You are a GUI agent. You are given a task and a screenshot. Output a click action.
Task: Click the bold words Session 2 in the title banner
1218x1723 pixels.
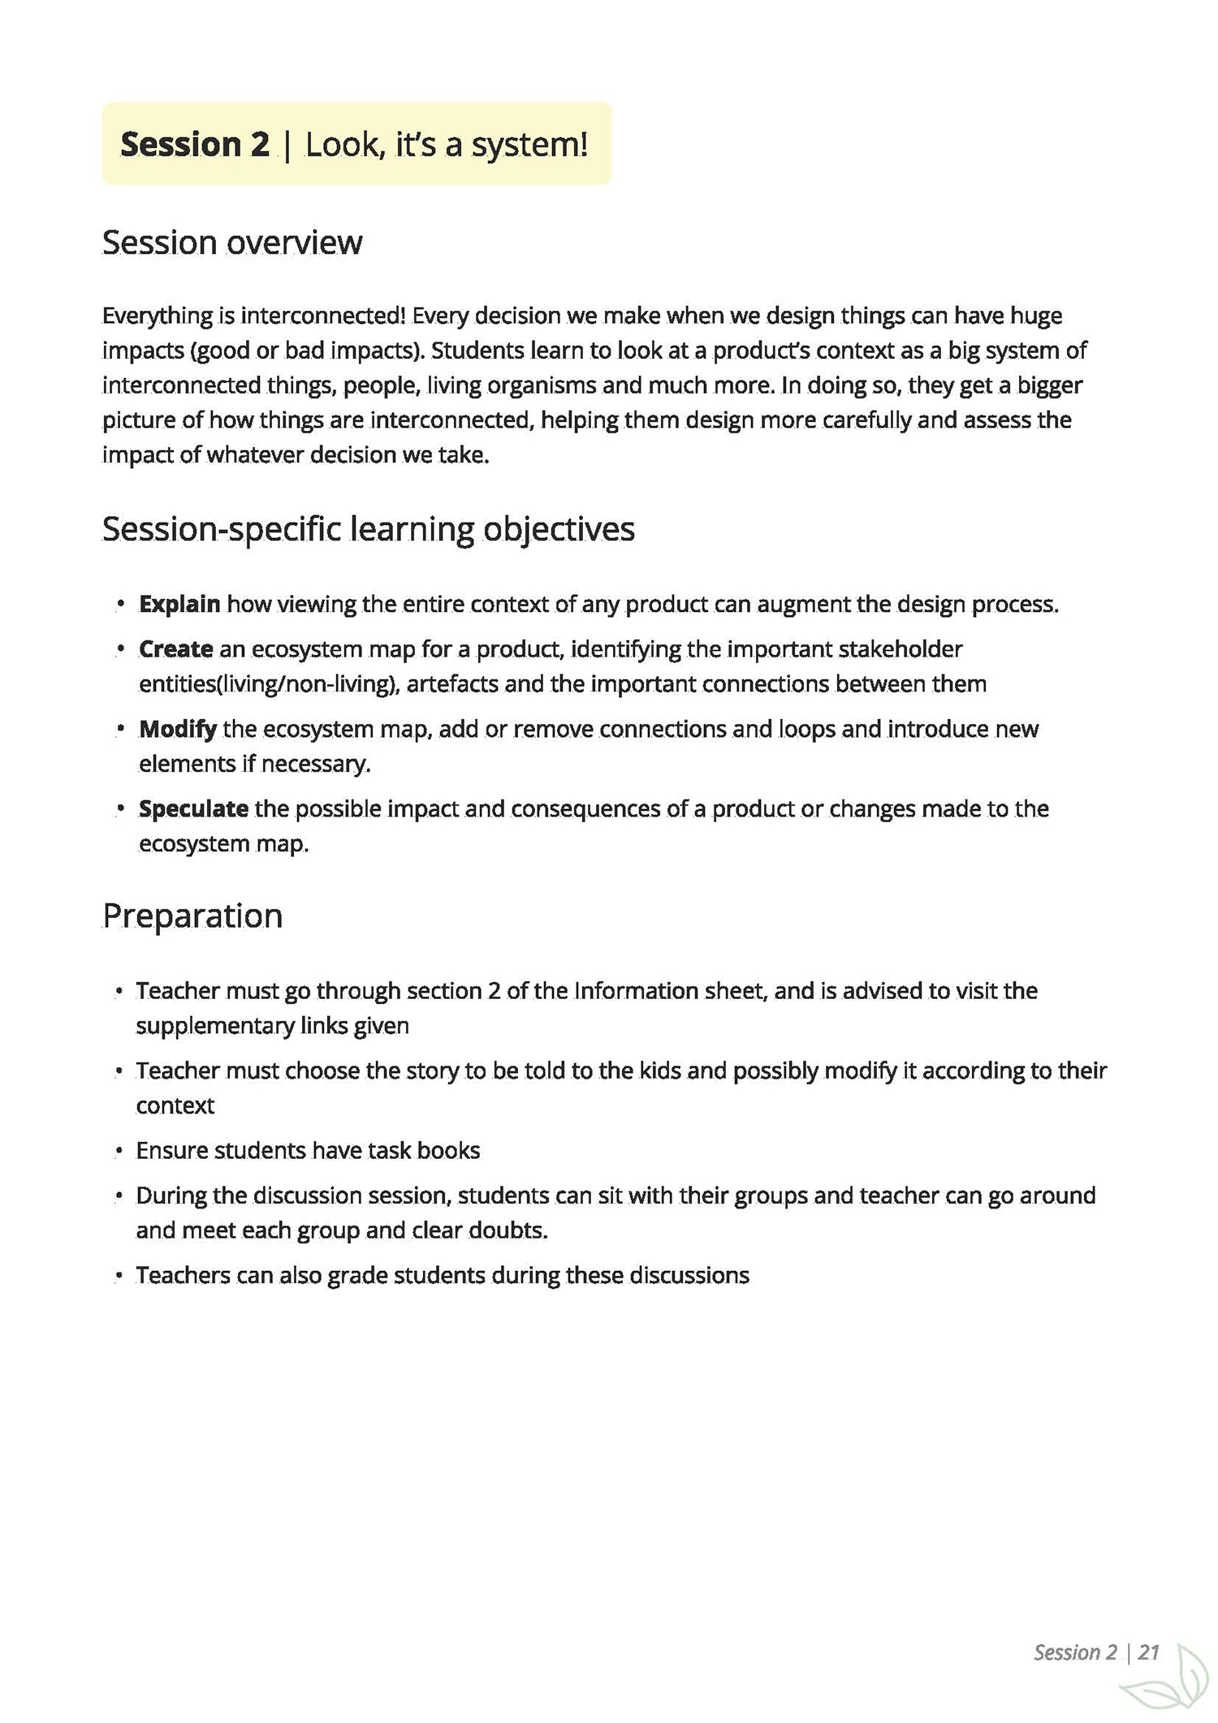194,144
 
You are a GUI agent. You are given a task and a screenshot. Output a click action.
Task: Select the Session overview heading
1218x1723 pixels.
232,243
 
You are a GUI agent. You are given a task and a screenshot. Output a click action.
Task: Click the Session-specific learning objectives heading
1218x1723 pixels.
368,529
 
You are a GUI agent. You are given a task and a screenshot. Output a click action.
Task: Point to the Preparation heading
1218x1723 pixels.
192,916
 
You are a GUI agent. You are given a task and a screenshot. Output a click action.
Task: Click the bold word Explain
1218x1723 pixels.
179,605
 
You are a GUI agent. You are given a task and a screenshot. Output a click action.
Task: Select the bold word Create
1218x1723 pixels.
175,649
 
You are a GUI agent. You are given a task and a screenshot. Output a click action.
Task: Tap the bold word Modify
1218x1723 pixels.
177,729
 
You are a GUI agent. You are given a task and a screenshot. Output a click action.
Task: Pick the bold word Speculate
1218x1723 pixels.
193,809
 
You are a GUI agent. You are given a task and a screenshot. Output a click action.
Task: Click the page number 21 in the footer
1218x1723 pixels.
1148,1652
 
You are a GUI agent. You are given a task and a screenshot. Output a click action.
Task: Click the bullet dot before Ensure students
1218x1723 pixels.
119,1152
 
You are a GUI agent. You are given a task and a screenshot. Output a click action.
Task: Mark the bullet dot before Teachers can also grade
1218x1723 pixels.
119,1276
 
